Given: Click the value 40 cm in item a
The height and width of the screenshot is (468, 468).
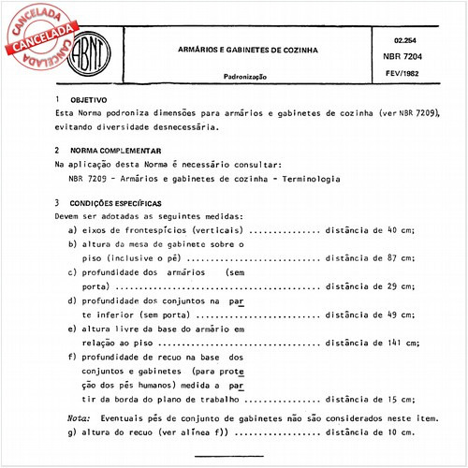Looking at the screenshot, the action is click(x=401, y=228).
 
